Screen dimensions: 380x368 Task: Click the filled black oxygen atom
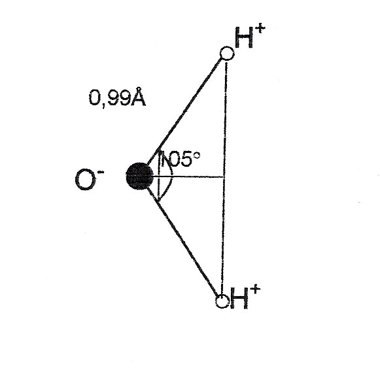click(140, 176)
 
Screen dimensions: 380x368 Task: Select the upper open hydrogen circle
click(227, 53)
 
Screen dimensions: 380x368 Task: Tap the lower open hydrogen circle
click(222, 301)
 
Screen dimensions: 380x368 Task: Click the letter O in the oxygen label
click(84, 180)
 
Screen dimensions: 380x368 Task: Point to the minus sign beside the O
click(101, 173)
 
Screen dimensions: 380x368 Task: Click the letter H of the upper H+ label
click(244, 37)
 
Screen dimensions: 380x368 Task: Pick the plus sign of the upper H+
click(260, 28)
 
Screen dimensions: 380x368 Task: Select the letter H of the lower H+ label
click(239, 298)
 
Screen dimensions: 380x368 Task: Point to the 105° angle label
click(181, 159)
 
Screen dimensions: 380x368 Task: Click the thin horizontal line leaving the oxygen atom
click(188, 177)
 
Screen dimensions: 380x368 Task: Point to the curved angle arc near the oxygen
click(171, 177)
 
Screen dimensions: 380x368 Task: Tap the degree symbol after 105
click(197, 155)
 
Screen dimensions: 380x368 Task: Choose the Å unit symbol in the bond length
click(138, 97)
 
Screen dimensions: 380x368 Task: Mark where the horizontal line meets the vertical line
click(224, 177)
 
